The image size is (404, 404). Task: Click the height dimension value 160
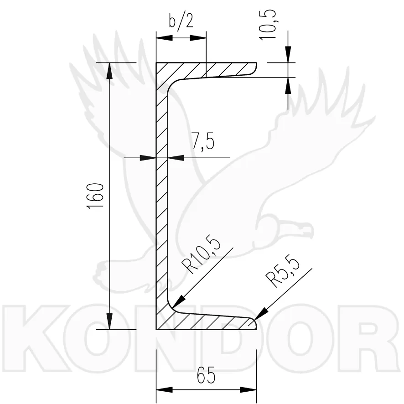[96, 196]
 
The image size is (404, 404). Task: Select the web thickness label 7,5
[203, 141]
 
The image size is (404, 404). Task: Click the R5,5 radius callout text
[283, 270]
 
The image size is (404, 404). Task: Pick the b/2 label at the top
[181, 21]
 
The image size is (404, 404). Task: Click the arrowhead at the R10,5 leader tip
[179, 301]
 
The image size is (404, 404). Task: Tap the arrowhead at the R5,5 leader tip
[260, 314]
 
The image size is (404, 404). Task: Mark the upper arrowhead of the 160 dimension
[109, 71]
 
